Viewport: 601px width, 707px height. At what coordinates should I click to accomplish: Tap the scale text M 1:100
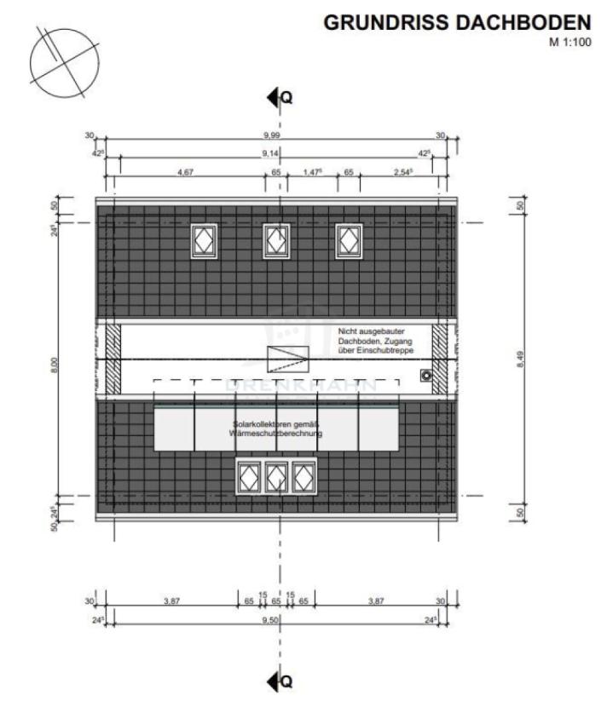pyautogui.click(x=568, y=41)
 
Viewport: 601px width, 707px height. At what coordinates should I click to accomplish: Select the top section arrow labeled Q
pyautogui.click(x=279, y=98)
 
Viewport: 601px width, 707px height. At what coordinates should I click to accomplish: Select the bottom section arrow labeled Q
pyautogui.click(x=279, y=681)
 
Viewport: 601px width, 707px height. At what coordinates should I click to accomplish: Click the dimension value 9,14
pyautogui.click(x=275, y=153)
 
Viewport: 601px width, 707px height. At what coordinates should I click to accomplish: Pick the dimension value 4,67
pyautogui.click(x=187, y=172)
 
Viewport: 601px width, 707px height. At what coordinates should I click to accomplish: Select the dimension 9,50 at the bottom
pyautogui.click(x=275, y=619)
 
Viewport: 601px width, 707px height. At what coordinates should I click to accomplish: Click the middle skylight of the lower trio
pyautogui.click(x=276, y=477)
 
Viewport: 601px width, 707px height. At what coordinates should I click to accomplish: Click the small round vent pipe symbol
pyautogui.click(x=424, y=374)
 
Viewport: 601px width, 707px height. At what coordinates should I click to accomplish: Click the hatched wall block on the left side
pyautogui.click(x=111, y=359)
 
